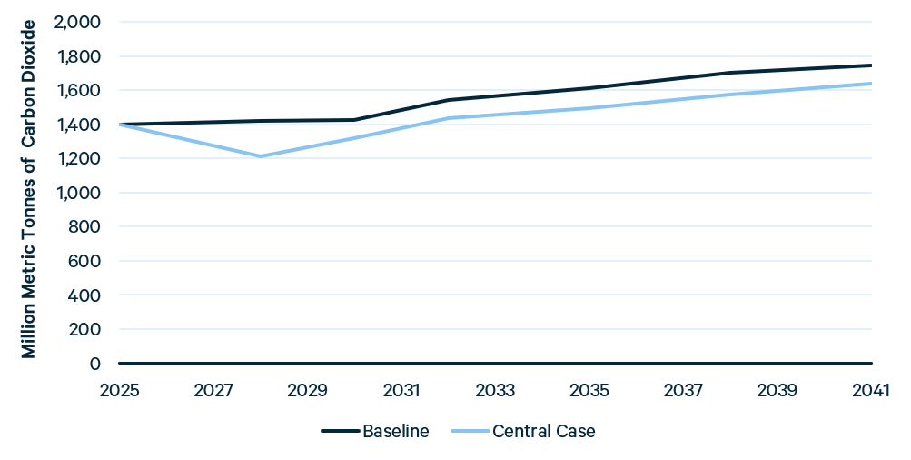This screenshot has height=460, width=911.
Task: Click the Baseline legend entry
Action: click(x=375, y=431)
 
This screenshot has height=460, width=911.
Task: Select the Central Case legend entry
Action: click(x=523, y=431)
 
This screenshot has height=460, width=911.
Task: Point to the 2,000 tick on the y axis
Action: click(x=77, y=22)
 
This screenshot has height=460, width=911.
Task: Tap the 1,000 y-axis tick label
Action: click(x=78, y=193)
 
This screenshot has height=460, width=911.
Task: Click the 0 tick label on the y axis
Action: click(x=94, y=364)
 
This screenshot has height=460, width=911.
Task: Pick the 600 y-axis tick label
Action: click(x=84, y=261)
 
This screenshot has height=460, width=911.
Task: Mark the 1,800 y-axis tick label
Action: click(x=78, y=56)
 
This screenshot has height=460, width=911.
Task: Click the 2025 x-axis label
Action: click(x=120, y=390)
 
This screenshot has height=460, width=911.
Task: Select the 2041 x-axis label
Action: click(x=871, y=390)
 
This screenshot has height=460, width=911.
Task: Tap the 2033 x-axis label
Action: click(x=496, y=390)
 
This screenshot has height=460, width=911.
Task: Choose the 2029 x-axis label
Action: click(x=307, y=390)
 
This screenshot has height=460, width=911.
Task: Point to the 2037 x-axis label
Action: click(x=683, y=390)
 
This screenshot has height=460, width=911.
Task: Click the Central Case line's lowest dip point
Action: click(x=261, y=156)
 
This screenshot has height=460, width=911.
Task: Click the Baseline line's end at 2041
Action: click(x=872, y=65)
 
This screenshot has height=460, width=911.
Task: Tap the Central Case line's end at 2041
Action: click(x=872, y=84)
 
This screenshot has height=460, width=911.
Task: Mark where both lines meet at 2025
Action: click(x=120, y=125)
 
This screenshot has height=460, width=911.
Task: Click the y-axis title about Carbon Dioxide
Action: click(x=28, y=190)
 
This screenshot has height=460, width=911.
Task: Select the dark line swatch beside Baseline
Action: click(x=340, y=431)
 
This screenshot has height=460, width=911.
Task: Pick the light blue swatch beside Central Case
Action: click(x=470, y=431)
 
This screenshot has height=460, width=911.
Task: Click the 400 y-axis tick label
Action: click(x=84, y=295)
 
